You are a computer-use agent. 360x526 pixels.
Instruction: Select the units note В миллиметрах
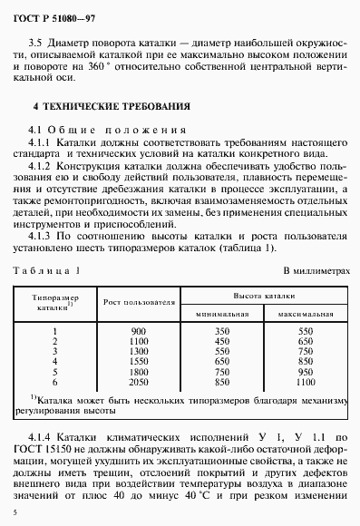tap(316, 270)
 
